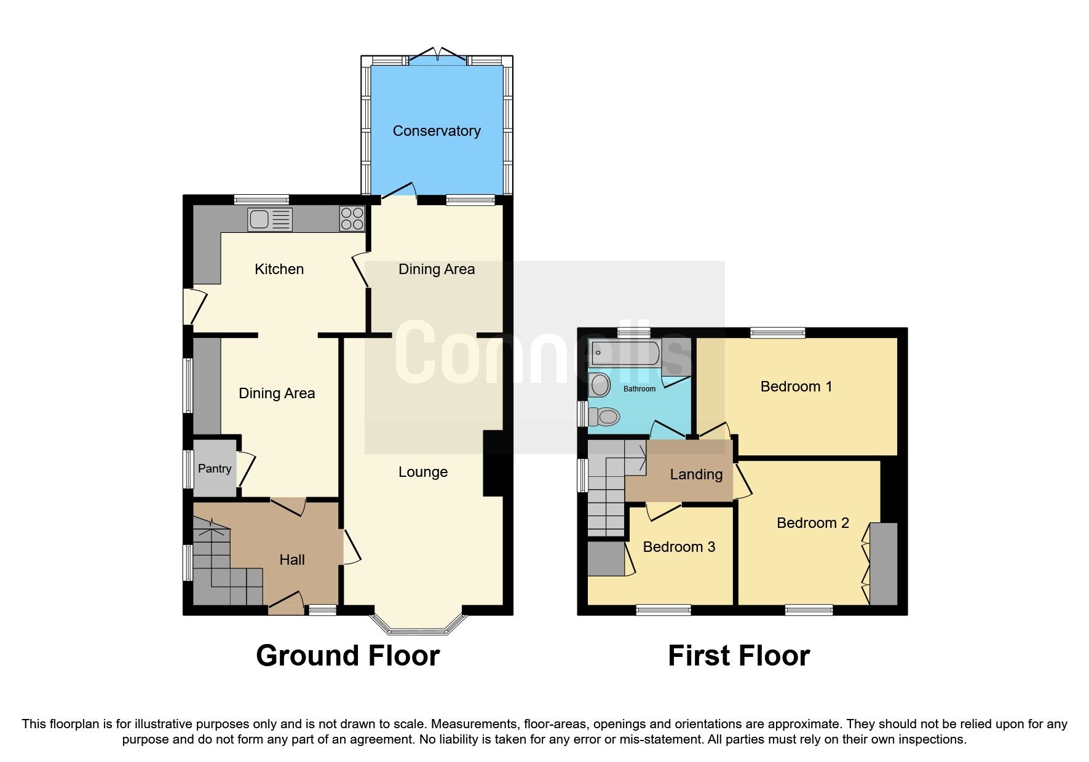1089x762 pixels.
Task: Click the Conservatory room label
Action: coord(437,131)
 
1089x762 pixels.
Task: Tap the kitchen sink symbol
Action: coord(270,219)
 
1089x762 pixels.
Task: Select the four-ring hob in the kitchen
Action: coord(352,219)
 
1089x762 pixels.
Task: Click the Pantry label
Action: coord(215,469)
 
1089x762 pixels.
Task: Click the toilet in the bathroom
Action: coord(604,417)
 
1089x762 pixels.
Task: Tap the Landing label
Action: coord(696,474)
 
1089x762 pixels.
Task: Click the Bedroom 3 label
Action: coord(679,547)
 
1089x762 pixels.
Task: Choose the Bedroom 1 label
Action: coord(796,387)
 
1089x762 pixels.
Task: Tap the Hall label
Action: coord(292,560)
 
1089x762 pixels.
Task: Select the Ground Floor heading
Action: coord(348,656)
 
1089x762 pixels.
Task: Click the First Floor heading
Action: coord(739,656)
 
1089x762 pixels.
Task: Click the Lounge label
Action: coord(423,472)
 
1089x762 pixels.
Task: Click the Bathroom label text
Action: coord(640,389)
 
